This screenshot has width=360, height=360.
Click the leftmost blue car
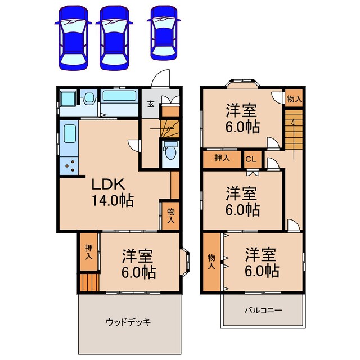coord(72,38)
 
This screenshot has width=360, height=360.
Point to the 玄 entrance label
coord(151,103)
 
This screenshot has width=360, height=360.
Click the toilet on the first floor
coord(169,152)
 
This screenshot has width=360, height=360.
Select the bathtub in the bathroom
coord(120,96)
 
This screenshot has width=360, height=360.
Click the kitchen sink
coord(70,134)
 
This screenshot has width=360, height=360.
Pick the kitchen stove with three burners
coord(70,165)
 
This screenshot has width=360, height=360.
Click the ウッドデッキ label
coord(128,322)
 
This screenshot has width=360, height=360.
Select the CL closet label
coord(251,159)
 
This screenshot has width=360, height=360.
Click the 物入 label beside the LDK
coord(171,215)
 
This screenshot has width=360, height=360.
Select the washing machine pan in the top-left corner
coord(69,100)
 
